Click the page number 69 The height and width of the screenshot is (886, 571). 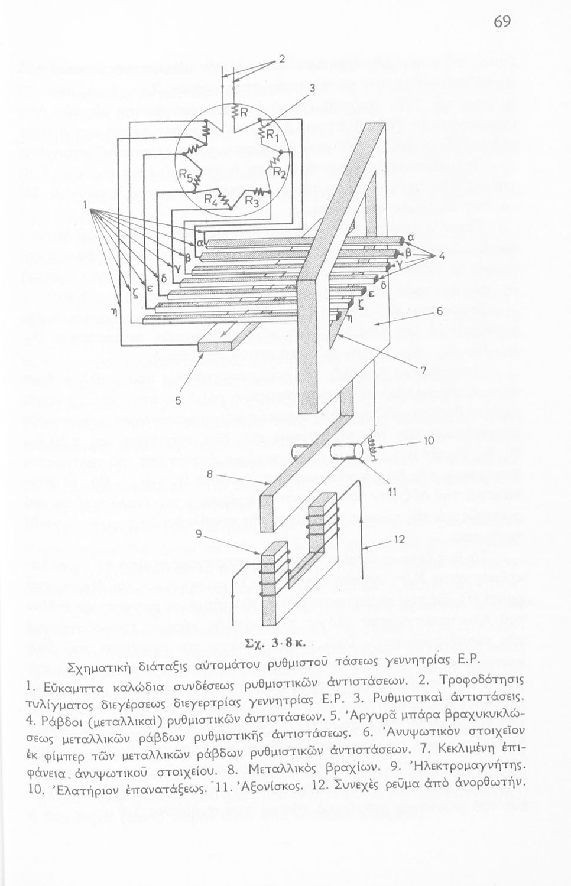point(502,22)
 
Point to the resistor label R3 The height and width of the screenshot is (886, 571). point(252,202)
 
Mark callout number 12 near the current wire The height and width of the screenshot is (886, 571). point(399,539)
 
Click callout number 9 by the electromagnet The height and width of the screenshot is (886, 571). point(199,534)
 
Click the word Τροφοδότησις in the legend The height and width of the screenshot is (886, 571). point(482,673)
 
